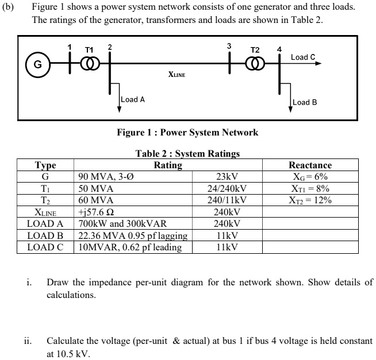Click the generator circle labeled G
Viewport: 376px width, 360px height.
(39, 64)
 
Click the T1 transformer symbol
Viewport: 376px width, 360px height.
(89, 64)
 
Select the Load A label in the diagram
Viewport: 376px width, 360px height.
(133, 99)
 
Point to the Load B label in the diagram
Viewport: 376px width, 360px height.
(305, 102)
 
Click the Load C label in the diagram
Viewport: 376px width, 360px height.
(303, 57)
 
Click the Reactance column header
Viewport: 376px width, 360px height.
(310, 165)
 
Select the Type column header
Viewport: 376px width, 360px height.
(45, 165)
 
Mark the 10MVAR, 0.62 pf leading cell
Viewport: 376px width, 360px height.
(130, 247)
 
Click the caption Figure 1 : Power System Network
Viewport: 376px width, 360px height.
(187, 133)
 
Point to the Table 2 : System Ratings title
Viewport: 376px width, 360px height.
(187, 154)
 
